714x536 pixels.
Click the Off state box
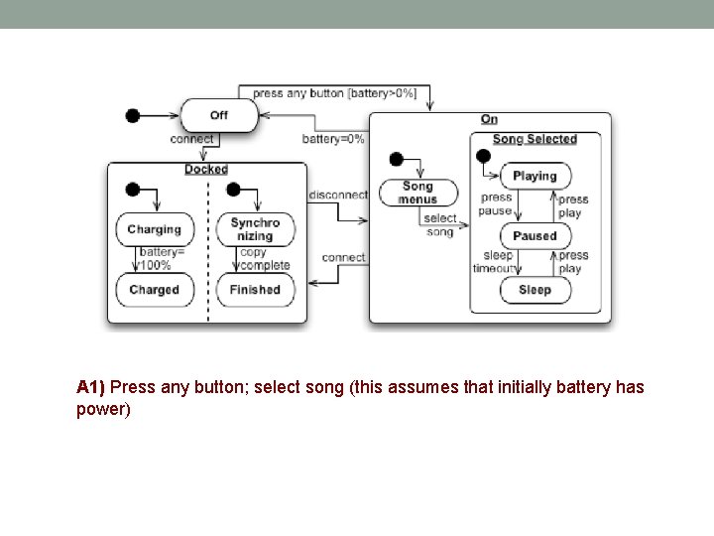(x=218, y=115)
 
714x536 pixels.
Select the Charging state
(x=154, y=229)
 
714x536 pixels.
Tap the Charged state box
(x=154, y=290)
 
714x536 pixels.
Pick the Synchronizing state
(x=255, y=229)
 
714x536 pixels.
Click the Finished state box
(x=255, y=290)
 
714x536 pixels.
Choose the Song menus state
(x=417, y=193)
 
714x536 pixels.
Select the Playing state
(x=535, y=176)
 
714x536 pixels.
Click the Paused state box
(x=535, y=236)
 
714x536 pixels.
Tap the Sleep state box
(x=535, y=290)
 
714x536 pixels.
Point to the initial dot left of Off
(x=133, y=115)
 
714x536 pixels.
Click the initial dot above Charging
(x=133, y=190)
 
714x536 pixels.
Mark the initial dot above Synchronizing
(x=234, y=190)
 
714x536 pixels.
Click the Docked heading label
(x=206, y=170)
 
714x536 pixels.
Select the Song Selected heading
(x=535, y=139)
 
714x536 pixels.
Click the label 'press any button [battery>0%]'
(x=334, y=93)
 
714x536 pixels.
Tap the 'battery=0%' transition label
(x=333, y=139)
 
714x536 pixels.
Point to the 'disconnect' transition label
(x=338, y=195)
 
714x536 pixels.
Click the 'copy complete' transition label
(x=264, y=259)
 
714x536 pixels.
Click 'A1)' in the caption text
(x=90, y=386)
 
